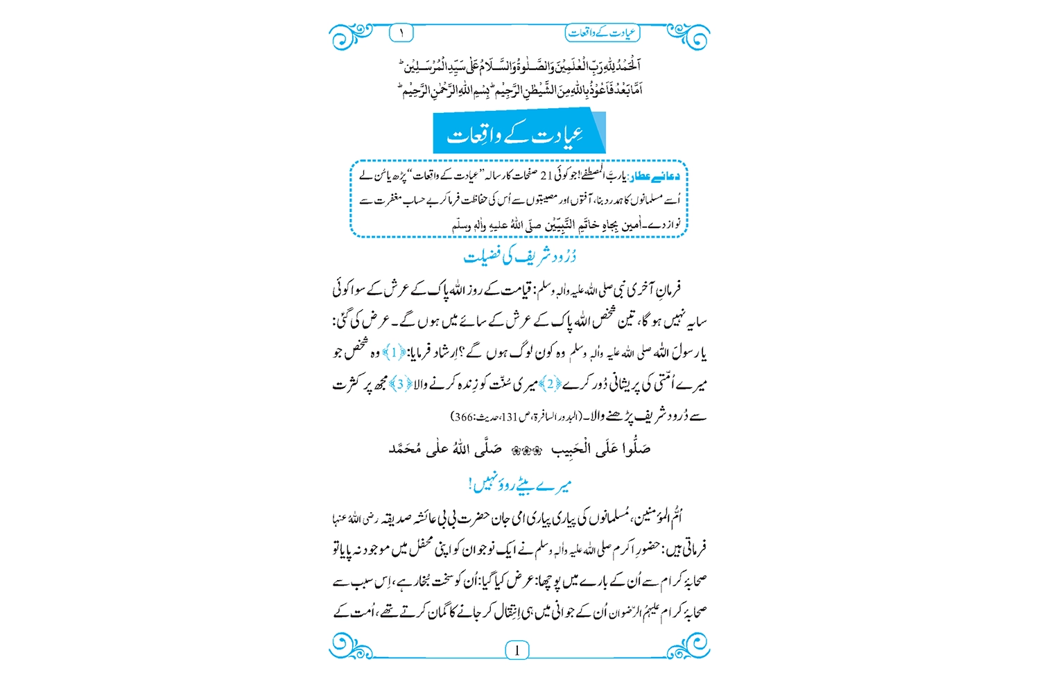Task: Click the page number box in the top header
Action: pos(401,33)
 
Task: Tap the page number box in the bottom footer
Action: pos(517,650)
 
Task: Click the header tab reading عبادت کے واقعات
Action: pos(602,33)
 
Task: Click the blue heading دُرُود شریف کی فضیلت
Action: pos(520,256)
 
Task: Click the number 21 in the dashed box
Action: pos(546,177)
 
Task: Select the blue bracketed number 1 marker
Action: pos(394,353)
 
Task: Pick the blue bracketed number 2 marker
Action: pos(550,384)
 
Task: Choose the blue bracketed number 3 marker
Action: pos(400,384)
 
